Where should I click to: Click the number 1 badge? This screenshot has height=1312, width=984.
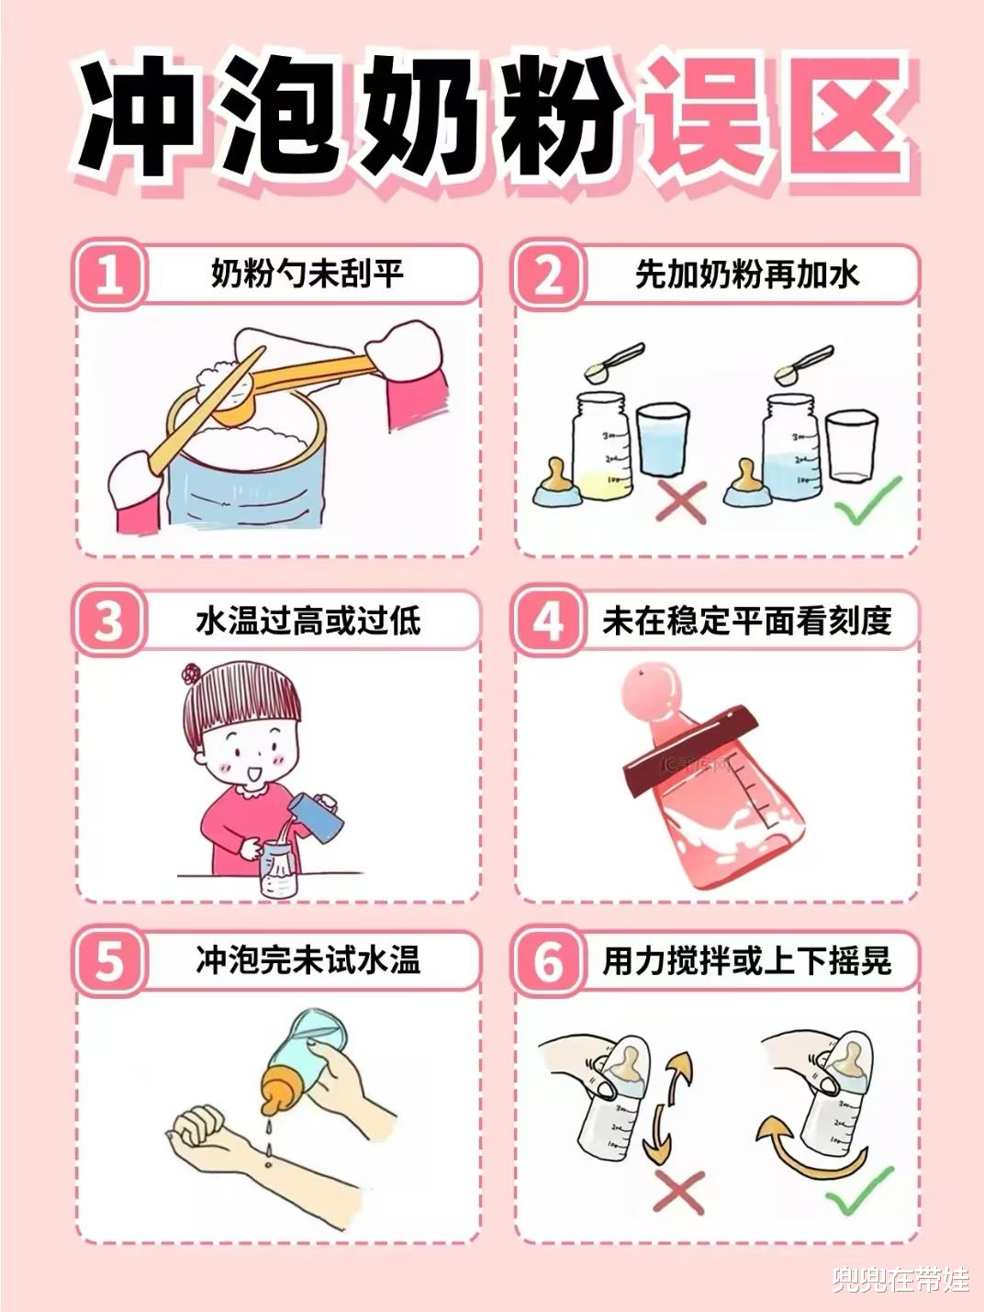[x=109, y=275]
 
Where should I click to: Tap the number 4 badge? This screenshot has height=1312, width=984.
[x=547, y=621]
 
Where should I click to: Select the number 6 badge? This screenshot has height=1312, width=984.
[x=547, y=961]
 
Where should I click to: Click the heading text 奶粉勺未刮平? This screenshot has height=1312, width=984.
[x=307, y=275]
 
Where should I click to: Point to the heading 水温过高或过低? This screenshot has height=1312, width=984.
[x=308, y=621]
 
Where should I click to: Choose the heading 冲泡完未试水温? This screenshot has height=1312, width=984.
[x=308, y=960]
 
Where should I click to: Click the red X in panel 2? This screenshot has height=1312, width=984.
[x=680, y=501]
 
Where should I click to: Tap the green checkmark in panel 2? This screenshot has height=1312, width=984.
[x=867, y=501]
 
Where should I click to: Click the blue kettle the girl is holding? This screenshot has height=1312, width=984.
[x=316, y=816]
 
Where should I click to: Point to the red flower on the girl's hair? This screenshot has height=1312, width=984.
[x=191, y=674]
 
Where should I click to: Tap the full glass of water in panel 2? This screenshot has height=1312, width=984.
[x=663, y=442]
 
